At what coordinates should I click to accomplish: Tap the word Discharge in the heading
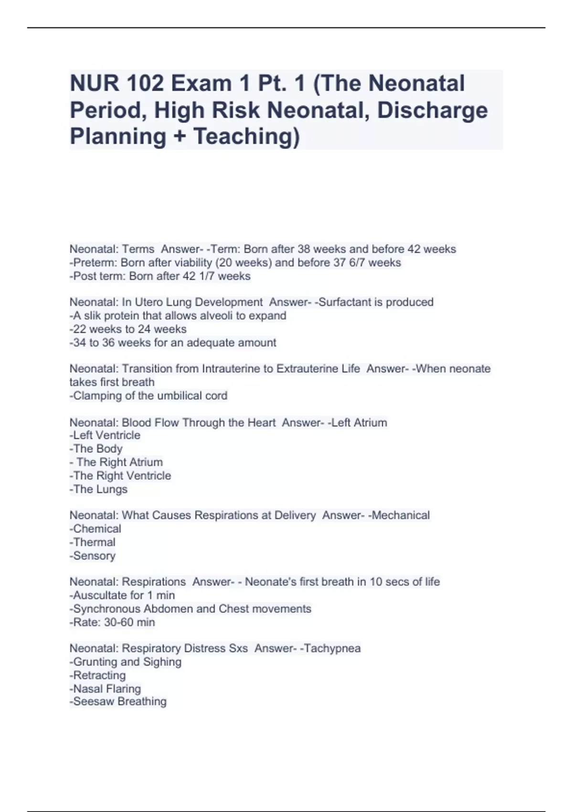tap(432, 110)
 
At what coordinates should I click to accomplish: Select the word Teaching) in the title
tap(246, 137)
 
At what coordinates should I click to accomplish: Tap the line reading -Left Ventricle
tap(105, 435)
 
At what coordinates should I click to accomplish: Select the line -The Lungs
tap(98, 489)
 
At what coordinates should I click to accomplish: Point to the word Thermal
tap(94, 542)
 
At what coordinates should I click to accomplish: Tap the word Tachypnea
tap(332, 648)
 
